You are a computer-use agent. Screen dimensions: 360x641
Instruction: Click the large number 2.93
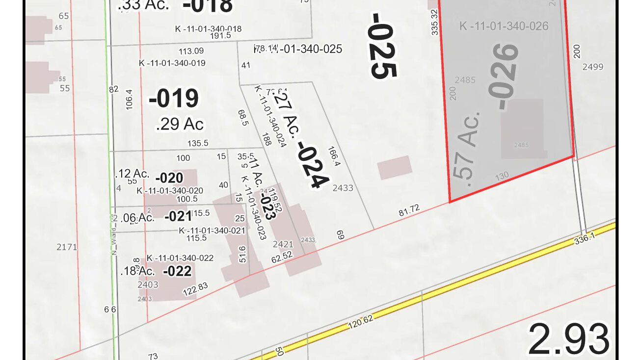568,339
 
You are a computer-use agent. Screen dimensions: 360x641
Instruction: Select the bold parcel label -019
174,99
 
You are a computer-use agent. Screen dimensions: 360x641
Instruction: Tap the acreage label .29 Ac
179,124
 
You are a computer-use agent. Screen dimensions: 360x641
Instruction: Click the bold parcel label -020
169,178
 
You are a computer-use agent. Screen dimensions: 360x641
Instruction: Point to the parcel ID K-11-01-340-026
504,26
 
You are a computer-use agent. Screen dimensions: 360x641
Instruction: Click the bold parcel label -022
177,271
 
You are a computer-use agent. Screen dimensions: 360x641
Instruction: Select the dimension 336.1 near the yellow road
584,239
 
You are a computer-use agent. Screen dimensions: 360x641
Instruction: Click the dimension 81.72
409,211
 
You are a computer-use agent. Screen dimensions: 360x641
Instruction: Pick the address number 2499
592,67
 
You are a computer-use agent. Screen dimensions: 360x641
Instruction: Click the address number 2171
67,247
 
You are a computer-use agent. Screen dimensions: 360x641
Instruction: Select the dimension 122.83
195,289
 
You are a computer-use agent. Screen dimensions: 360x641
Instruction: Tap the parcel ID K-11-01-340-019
172,63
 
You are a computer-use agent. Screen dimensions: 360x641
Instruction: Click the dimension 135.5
198,143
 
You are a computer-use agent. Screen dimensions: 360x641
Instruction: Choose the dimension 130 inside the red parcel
502,176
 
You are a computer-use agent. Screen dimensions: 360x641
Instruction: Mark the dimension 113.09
191,51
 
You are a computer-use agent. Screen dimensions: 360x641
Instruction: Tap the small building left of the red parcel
394,167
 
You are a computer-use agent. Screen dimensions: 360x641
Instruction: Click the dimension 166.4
333,157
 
